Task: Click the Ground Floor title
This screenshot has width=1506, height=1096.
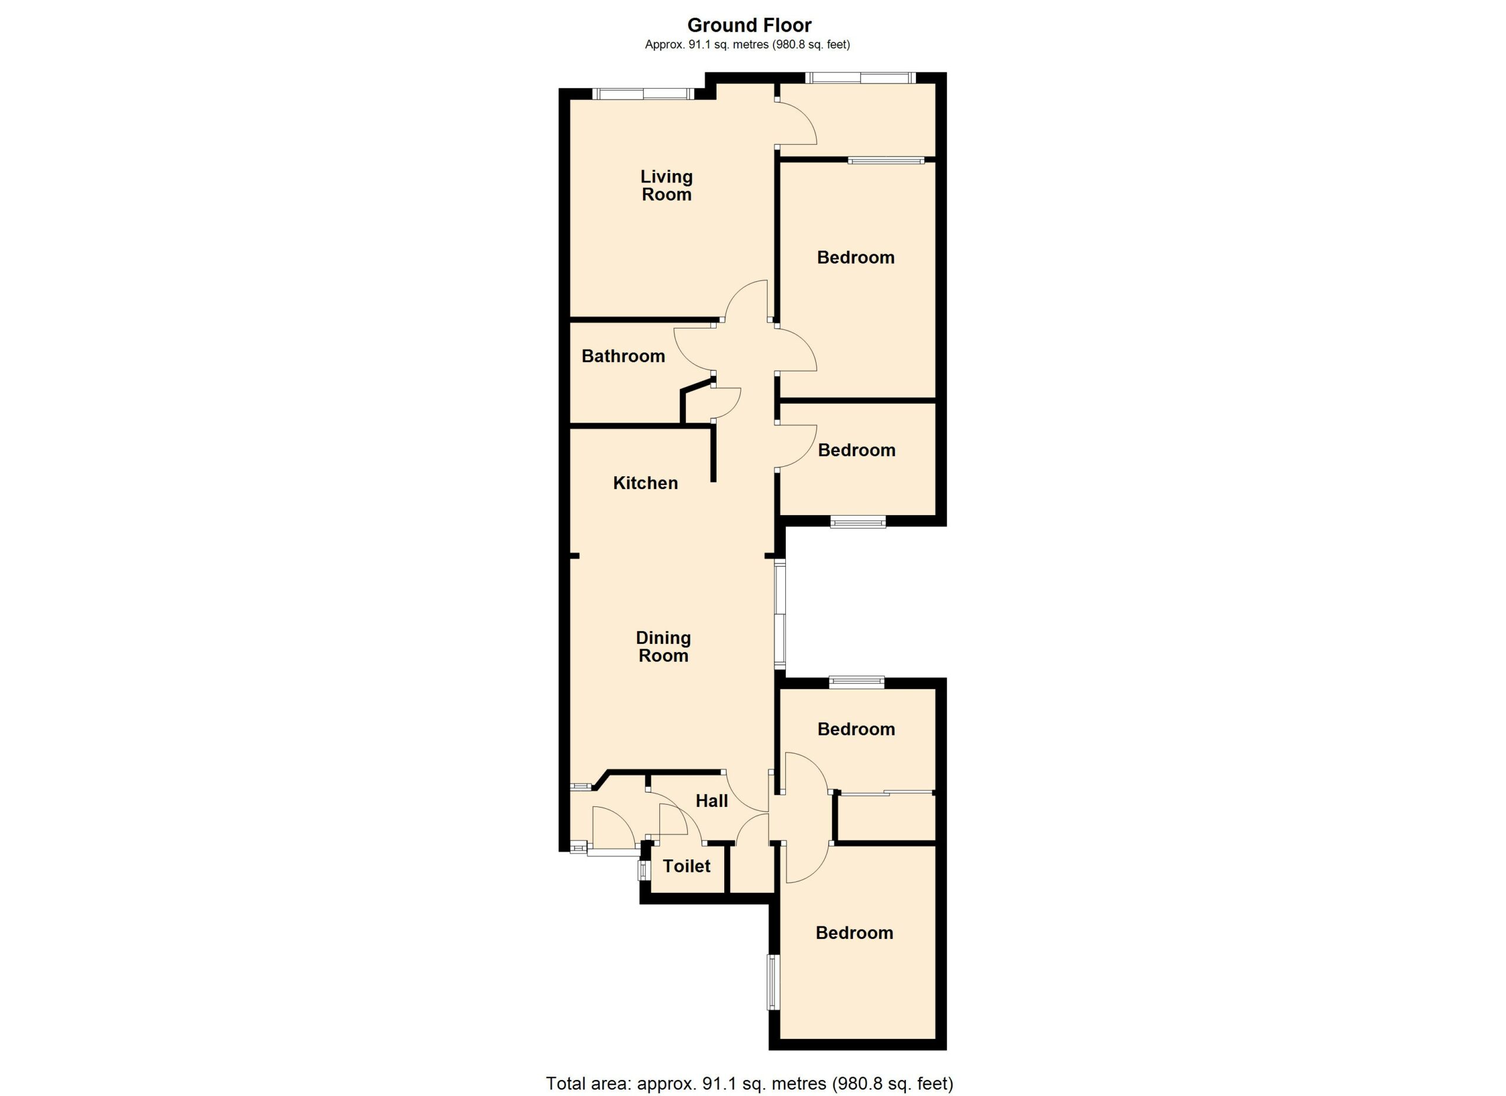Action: (x=749, y=25)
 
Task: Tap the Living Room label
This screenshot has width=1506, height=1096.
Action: (x=666, y=185)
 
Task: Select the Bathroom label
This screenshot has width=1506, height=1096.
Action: (x=623, y=356)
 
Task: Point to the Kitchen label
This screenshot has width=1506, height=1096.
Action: (x=645, y=483)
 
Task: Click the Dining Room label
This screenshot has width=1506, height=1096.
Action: (x=664, y=647)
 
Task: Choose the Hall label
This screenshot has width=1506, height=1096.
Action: (x=712, y=801)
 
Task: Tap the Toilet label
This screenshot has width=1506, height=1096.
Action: (x=687, y=866)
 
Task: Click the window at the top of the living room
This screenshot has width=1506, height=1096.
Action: (x=643, y=94)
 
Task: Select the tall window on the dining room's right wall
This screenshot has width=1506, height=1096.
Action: (x=780, y=615)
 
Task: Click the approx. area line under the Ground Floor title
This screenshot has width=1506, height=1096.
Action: (x=748, y=45)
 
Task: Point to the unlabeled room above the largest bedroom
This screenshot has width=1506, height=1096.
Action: (x=857, y=119)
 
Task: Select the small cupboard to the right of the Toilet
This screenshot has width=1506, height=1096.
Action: (x=752, y=869)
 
